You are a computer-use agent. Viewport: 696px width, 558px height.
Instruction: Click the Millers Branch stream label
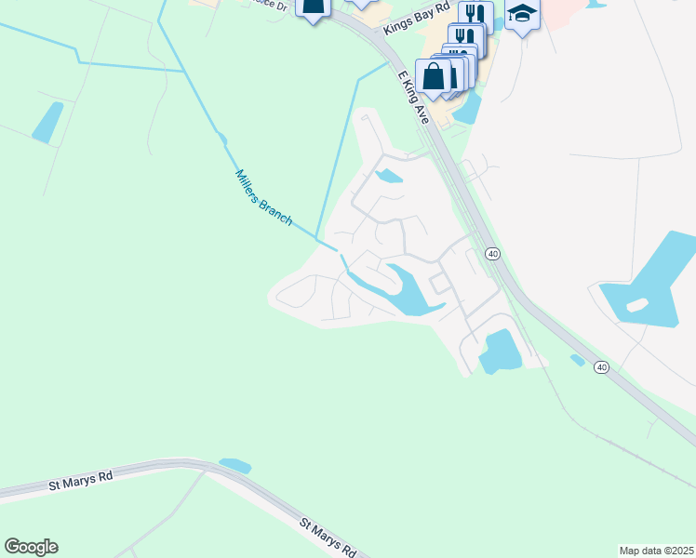[264, 198]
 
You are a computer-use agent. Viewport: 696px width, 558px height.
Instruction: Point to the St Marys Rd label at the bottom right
[328, 538]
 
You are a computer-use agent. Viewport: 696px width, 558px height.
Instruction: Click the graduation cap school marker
[523, 15]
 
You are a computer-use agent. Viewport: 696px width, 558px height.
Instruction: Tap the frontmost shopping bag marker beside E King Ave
[434, 76]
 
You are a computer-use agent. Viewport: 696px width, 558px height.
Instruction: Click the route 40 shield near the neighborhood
[493, 254]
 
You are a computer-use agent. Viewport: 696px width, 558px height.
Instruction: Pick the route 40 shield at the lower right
[602, 367]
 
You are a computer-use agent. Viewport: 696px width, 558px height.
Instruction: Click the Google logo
[31, 547]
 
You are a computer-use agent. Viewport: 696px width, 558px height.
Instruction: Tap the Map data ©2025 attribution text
[656, 551]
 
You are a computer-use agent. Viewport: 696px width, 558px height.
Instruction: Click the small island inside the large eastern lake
[637, 305]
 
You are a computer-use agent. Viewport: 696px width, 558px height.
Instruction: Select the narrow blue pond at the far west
[47, 122]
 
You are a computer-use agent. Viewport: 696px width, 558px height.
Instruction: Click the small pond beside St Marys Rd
[234, 465]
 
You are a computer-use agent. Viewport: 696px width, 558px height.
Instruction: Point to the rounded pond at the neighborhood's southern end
[500, 352]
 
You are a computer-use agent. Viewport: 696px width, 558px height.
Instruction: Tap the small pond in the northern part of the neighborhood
[388, 175]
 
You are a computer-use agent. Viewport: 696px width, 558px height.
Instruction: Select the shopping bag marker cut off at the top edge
[314, 7]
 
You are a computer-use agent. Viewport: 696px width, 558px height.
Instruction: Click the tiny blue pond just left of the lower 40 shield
[577, 360]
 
